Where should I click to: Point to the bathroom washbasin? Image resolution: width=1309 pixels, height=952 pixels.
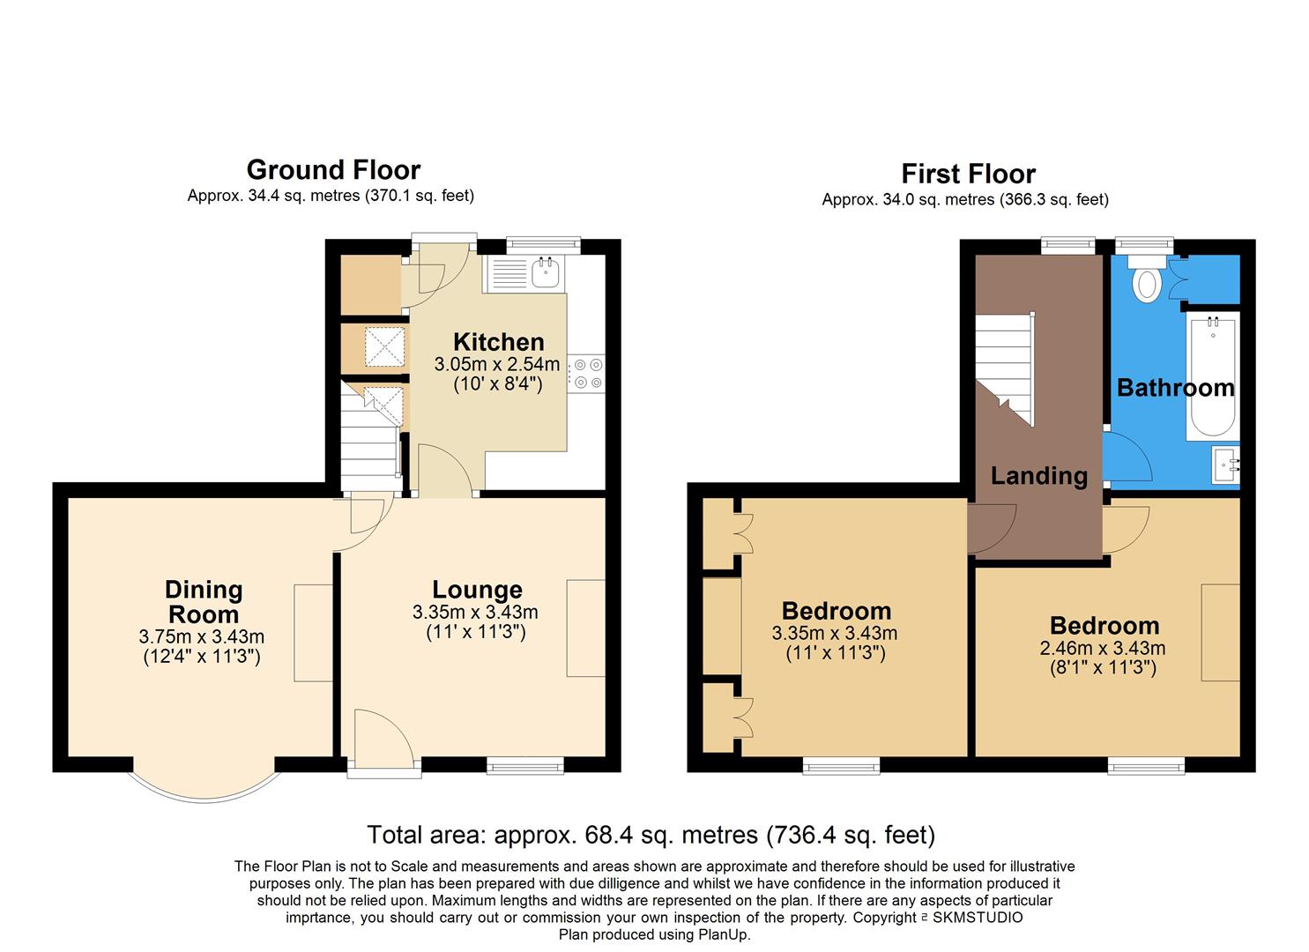pos(1226,465)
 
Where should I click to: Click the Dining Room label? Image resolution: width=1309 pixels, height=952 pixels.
pos(204,602)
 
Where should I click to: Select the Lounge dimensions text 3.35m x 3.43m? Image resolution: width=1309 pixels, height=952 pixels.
pos(475,613)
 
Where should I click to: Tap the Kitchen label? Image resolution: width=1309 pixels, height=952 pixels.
pos(498,342)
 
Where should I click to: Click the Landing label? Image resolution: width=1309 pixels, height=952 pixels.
pos(1038,476)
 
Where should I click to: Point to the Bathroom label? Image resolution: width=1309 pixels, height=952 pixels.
pos(1175,388)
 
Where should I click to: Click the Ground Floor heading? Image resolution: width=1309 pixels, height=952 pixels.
pos(333,169)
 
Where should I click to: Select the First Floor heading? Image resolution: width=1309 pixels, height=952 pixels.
pos(968,174)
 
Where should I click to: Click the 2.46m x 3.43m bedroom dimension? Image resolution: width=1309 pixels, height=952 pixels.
pos(1103,649)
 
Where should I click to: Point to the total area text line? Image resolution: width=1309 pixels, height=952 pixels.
pos(651,834)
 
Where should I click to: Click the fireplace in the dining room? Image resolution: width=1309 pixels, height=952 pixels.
pos(313,632)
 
